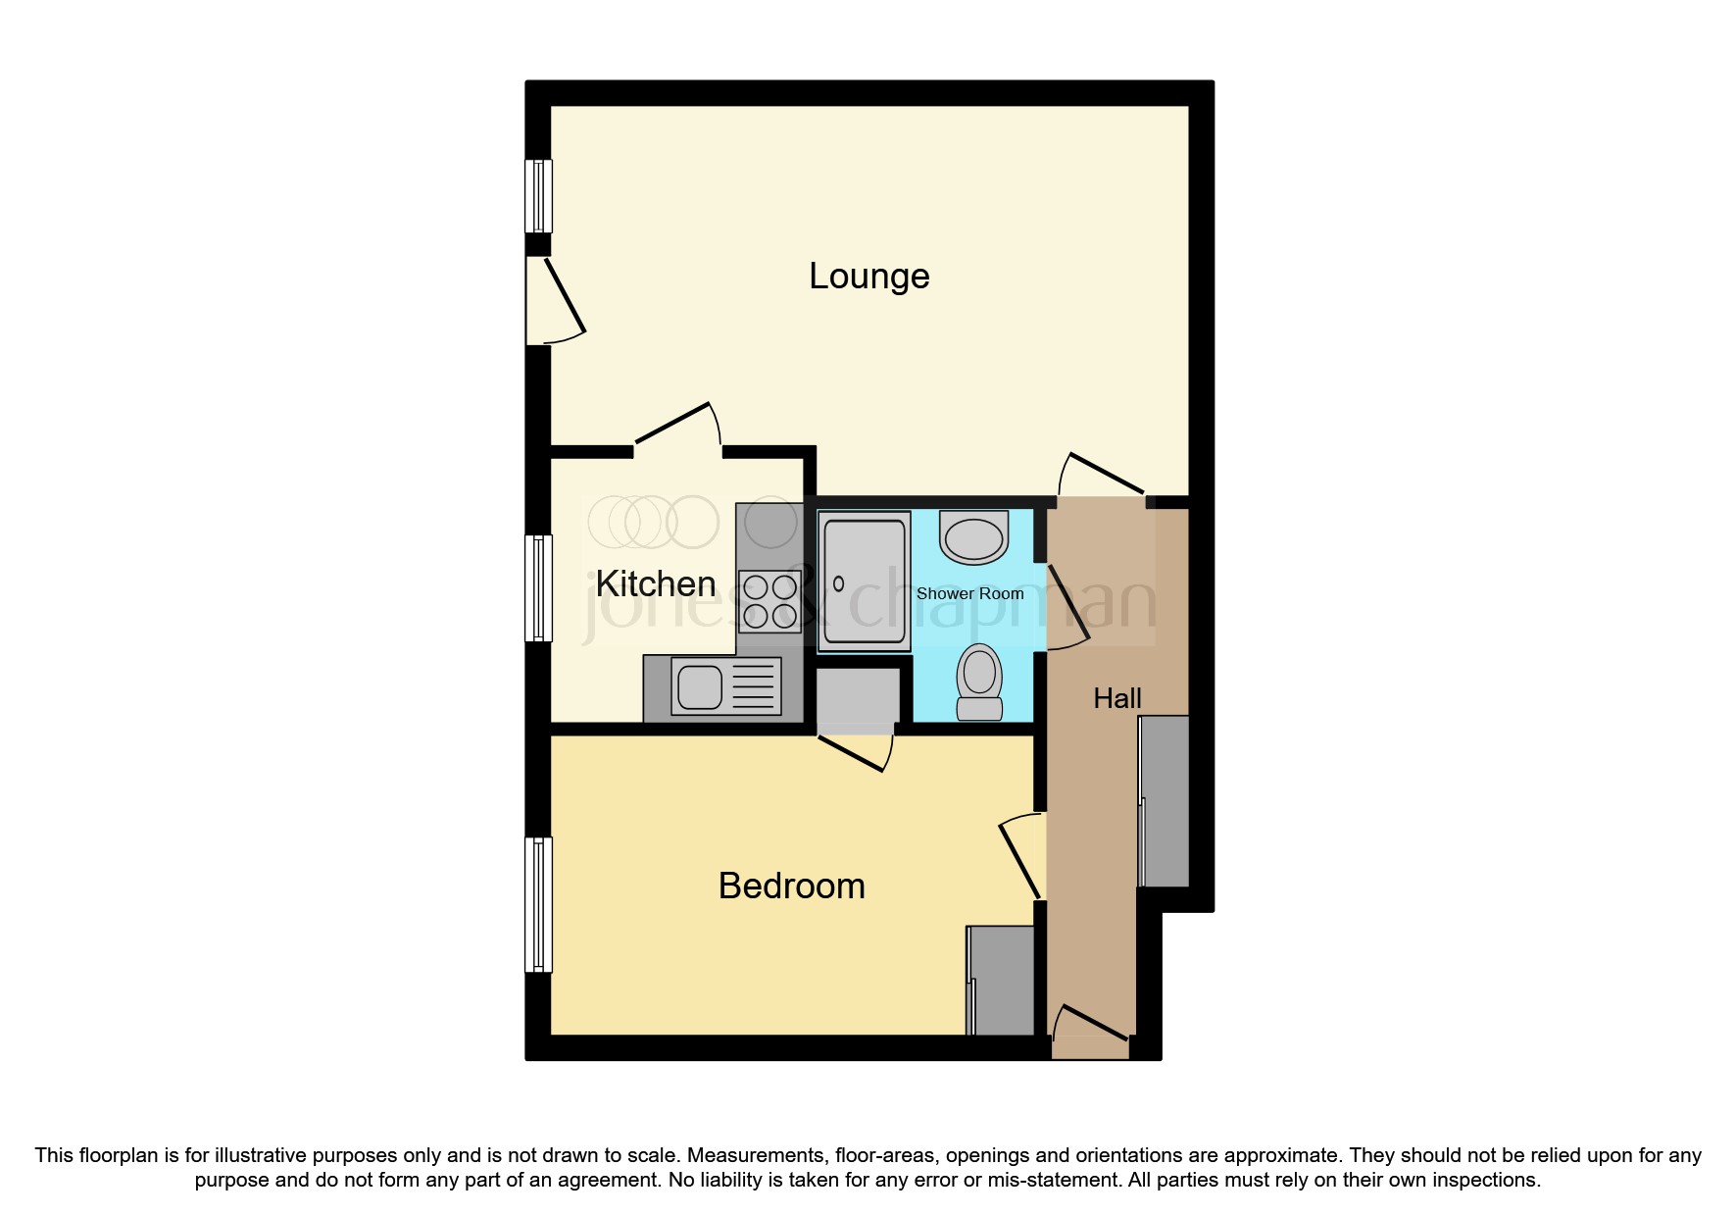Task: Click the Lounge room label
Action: [868, 278]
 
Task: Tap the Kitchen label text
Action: [656, 584]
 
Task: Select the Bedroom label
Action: [791, 887]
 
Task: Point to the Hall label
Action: [1116, 699]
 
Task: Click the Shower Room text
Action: [969, 594]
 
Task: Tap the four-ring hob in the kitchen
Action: [769, 601]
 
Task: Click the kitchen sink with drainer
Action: [725, 686]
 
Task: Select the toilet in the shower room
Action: [979, 683]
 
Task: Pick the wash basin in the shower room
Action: [973, 537]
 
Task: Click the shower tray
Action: [864, 582]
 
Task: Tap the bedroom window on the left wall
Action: [538, 904]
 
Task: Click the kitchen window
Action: [538, 588]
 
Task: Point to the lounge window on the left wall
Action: [538, 196]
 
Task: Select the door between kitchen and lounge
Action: [677, 428]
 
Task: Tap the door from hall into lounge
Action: [1103, 476]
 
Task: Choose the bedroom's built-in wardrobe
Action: [1001, 981]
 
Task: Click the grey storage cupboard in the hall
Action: [1165, 801]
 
